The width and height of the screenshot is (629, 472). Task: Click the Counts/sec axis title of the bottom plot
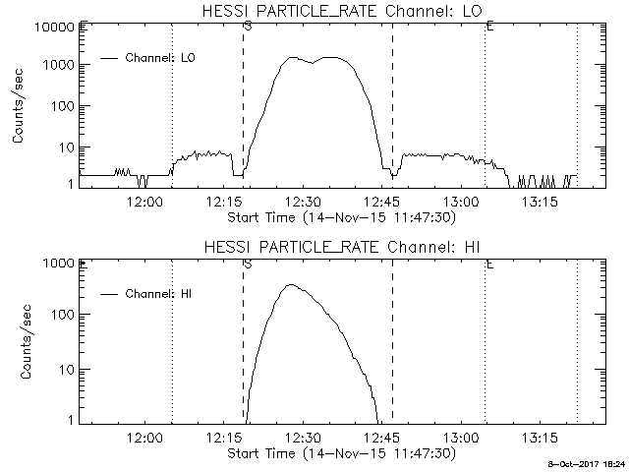pyautogui.click(x=19, y=341)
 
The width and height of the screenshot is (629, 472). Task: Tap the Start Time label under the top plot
pyautogui.click(x=340, y=216)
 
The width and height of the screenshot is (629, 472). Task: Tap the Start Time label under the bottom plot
pyautogui.click(x=340, y=453)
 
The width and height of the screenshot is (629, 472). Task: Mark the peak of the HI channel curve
pyautogui.click(x=290, y=285)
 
